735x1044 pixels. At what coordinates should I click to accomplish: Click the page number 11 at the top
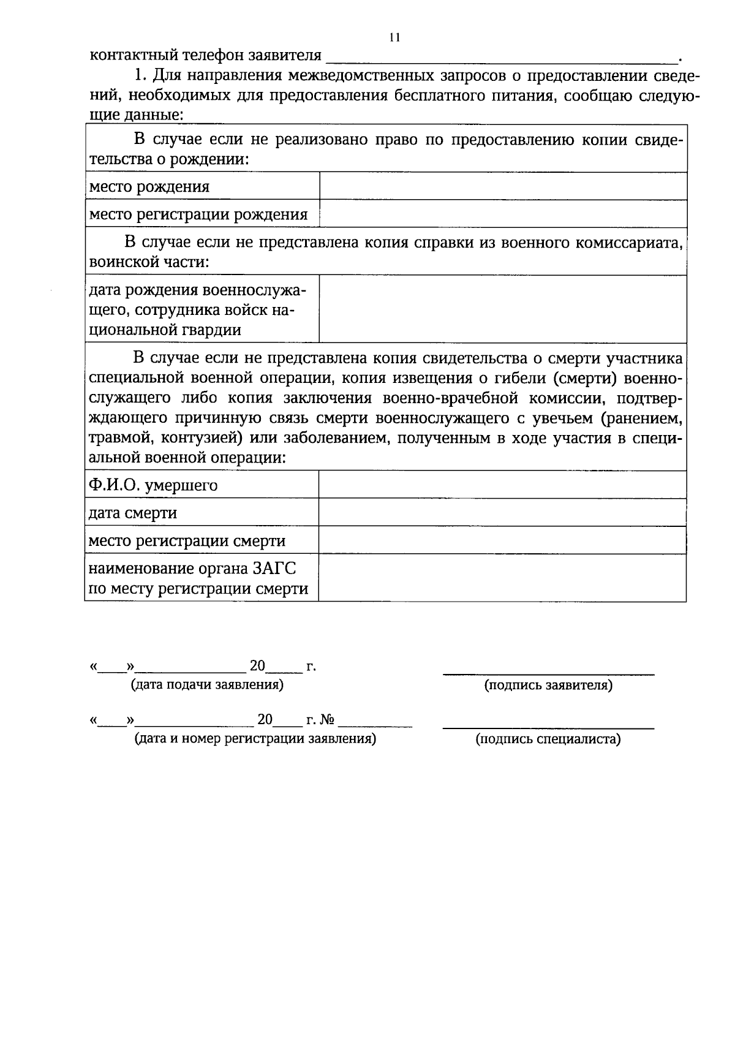point(394,37)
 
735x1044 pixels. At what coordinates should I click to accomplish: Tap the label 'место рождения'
point(149,187)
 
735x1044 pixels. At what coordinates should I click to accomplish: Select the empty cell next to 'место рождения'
point(502,186)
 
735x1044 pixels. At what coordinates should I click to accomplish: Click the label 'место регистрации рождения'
point(198,214)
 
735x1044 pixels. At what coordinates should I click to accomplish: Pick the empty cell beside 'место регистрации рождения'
point(502,214)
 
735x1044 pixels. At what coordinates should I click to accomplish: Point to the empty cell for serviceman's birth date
point(502,309)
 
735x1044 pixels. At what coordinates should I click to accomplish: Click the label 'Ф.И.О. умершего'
point(153,486)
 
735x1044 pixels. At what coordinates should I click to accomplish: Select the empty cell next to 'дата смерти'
point(502,512)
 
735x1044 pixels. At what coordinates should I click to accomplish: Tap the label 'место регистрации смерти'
point(187,541)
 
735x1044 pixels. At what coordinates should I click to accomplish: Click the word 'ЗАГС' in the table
point(274,569)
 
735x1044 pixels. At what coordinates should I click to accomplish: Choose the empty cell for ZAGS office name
point(502,578)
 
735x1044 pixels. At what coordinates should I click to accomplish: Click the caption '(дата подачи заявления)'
point(207,685)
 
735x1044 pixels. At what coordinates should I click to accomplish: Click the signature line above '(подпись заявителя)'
point(548,673)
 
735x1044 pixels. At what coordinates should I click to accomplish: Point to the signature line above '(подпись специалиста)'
point(548,727)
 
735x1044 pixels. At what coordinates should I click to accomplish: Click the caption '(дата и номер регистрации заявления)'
point(255,739)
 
